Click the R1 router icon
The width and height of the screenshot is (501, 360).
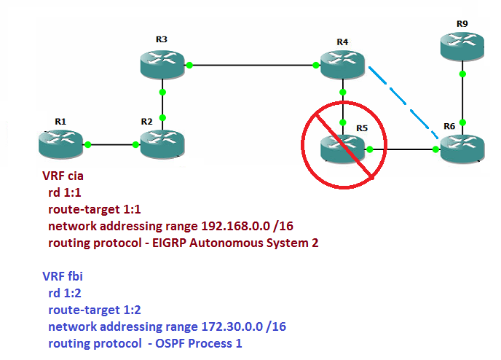pyautogui.click(x=61, y=144)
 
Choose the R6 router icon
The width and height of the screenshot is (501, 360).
pyautogui.click(x=462, y=149)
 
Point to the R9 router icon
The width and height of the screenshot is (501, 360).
pyautogui.click(x=462, y=46)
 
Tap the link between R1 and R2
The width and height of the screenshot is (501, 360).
pyautogui.click(x=112, y=144)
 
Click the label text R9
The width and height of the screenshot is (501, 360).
pyautogui.click(x=462, y=24)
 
